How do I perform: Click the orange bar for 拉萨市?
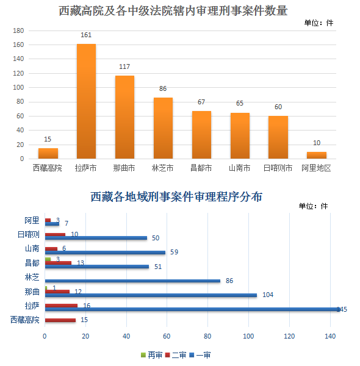pos(86,101)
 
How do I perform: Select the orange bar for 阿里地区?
pos(317,155)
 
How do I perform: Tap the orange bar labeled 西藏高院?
pos(48,153)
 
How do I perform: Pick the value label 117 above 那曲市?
pos(124,66)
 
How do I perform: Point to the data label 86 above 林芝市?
pos(163,88)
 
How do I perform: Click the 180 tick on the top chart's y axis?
pos(18,30)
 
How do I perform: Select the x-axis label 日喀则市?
pos(278,168)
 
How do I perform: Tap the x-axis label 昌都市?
pos(201,168)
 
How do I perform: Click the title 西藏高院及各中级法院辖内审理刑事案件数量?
pos(173,11)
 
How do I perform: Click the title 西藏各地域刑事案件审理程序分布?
pos(176,197)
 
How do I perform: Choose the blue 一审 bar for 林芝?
pos(132,281)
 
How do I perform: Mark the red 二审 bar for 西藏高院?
pos(60,320)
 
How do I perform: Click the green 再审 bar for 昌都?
pos(48,259)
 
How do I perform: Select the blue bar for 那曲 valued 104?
pos(151,295)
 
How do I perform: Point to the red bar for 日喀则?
pos(55,235)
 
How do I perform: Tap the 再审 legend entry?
pos(151,355)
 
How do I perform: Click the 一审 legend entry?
pos(200,355)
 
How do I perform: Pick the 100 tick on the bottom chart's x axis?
pos(248,336)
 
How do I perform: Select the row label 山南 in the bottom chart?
pos(32,248)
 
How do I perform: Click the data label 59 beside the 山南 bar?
pos(174,252)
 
